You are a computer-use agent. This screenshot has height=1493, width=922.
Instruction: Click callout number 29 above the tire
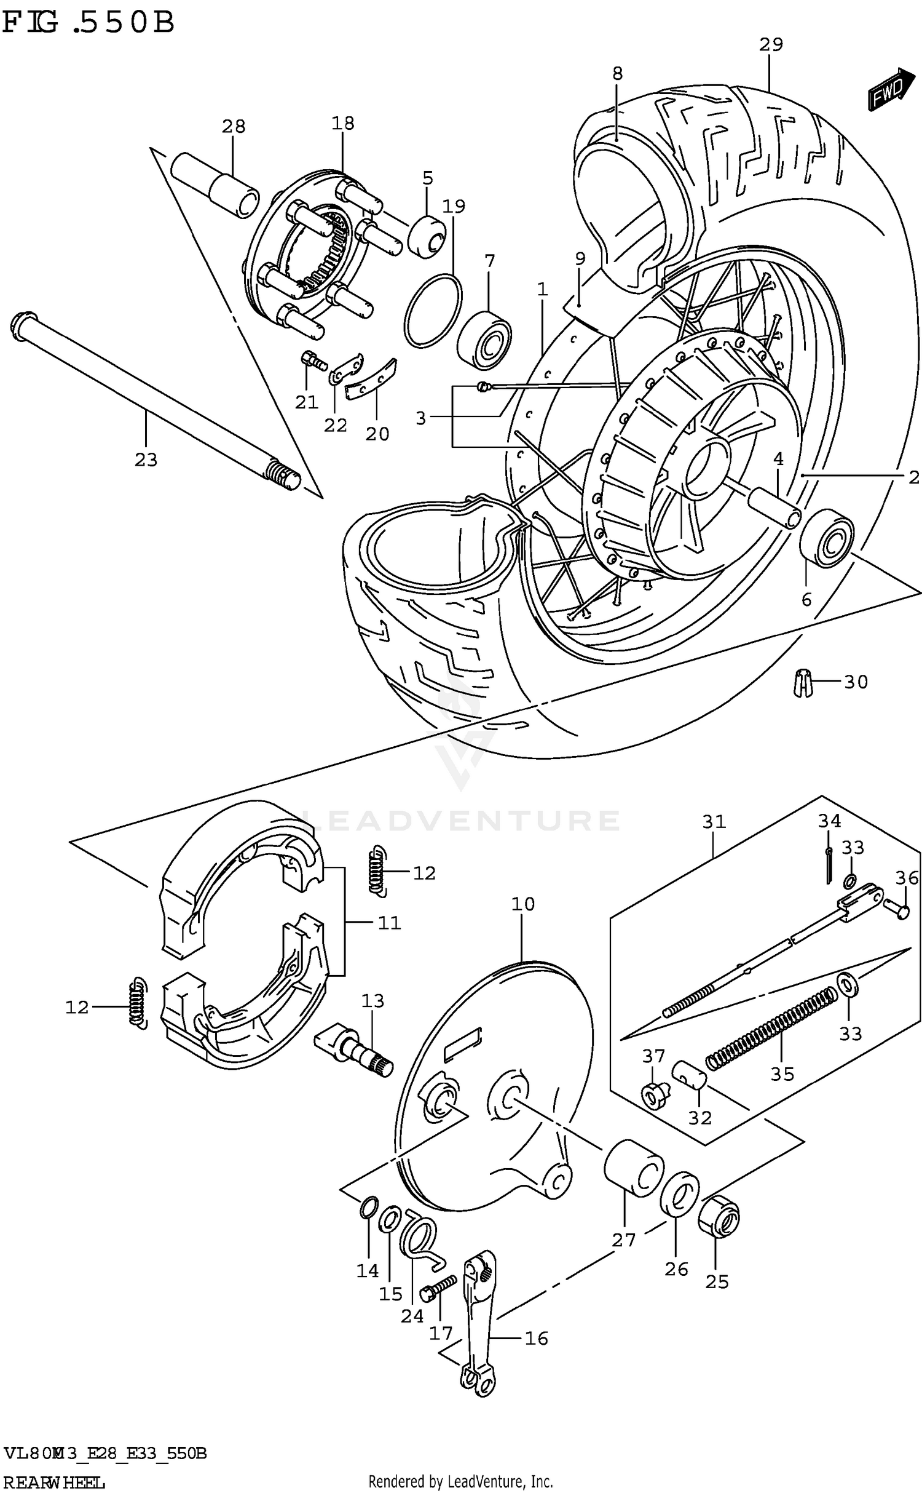click(770, 45)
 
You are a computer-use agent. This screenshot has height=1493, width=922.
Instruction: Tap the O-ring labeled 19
click(433, 311)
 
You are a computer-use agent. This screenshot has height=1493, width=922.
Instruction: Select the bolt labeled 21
click(313, 361)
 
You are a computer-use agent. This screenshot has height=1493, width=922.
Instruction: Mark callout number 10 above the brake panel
click(522, 904)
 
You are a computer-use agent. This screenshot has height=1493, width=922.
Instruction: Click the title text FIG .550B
click(89, 23)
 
